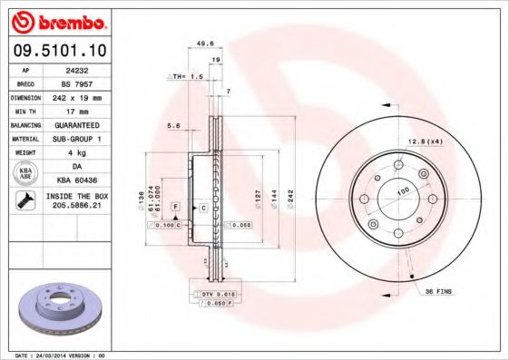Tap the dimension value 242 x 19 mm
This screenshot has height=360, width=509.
89,96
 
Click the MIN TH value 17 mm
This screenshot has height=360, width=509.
89,110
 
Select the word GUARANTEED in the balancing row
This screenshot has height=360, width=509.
89,123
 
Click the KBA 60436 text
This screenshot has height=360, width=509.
89,180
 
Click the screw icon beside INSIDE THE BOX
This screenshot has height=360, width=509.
25,201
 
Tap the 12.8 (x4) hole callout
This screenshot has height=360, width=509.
424,140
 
